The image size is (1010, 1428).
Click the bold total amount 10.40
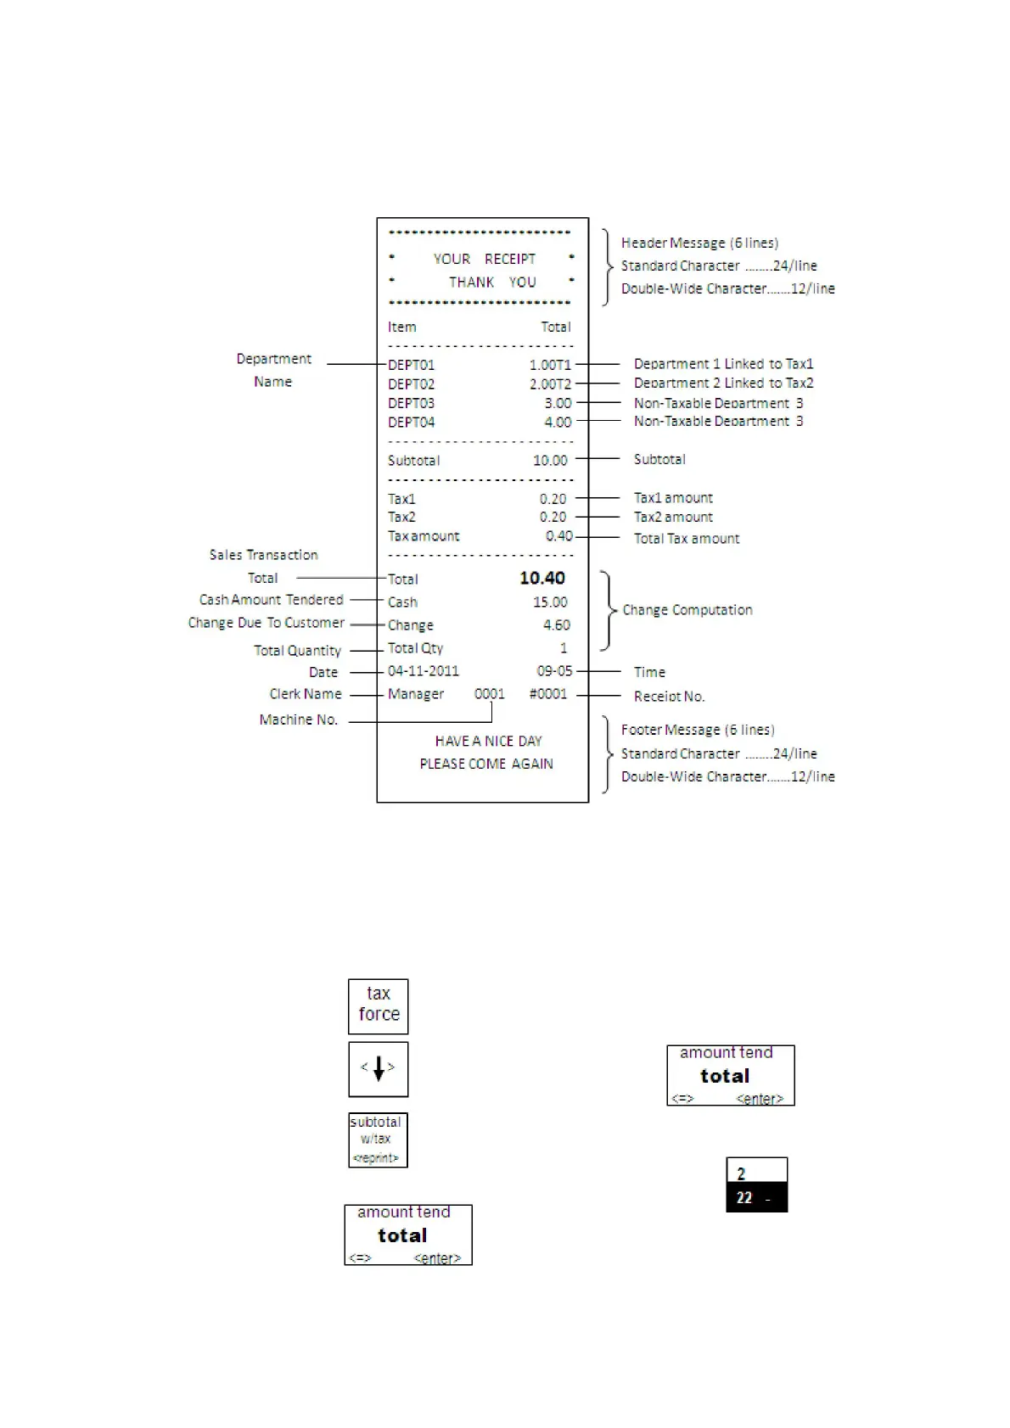coord(541,578)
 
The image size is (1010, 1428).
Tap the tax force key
coord(379,1005)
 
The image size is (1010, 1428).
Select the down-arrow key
coord(379,1068)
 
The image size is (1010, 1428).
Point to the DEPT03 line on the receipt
coord(412,403)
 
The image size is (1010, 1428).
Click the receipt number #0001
coord(547,694)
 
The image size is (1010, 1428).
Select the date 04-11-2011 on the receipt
coord(424,671)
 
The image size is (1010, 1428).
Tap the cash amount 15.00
coord(550,602)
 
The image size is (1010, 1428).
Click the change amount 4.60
coord(556,624)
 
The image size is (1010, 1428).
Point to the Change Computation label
coord(687,610)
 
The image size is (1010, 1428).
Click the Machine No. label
coord(299,720)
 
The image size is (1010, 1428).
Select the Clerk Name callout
coord(306,694)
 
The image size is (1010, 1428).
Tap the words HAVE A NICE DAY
coord(488,741)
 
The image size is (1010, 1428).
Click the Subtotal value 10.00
coord(550,460)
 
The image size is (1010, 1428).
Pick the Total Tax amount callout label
coord(687,538)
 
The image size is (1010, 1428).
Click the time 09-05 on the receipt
coord(554,671)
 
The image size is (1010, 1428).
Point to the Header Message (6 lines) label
coord(699,243)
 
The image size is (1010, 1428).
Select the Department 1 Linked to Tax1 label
coord(723,364)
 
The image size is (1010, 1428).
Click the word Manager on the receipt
coord(416,694)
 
